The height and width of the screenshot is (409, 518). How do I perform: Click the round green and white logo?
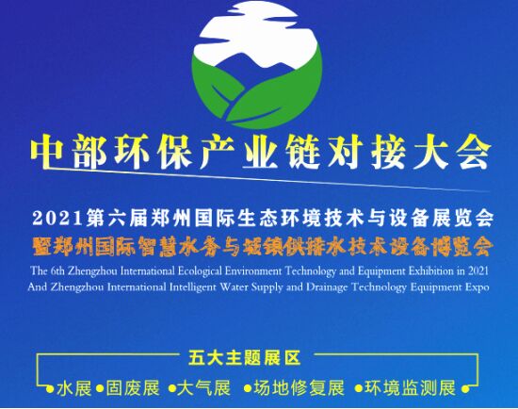coord(257,64)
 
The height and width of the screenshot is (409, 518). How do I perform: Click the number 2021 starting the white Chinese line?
coord(57,219)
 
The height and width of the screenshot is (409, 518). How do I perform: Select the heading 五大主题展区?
coord(245,358)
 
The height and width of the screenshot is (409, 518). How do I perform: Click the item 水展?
coord(74,388)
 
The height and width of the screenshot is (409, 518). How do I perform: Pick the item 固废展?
coord(133,388)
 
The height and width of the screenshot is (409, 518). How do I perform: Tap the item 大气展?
coord(203,388)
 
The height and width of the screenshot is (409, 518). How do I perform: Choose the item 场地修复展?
coord(299,388)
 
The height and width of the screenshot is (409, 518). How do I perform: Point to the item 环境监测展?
coord(410,388)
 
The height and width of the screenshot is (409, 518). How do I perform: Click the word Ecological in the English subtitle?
coord(200,271)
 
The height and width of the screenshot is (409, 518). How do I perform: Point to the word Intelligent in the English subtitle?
coord(192,287)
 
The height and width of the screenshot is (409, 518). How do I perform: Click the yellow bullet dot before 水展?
coord(50,388)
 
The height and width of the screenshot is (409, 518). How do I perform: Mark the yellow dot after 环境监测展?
coord(465,388)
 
